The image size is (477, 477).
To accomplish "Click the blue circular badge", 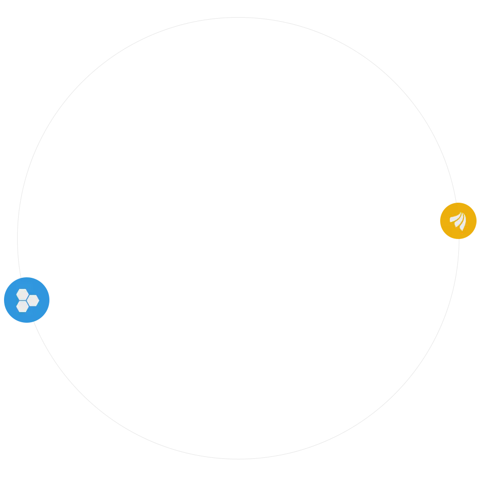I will point(27,300).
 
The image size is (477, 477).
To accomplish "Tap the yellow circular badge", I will point(458,221).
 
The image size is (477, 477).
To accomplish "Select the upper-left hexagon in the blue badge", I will point(22,294).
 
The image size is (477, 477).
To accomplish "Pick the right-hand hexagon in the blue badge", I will point(33,301).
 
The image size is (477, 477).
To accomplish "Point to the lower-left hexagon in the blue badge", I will point(22,306).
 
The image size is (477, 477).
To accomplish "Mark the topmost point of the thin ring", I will point(239,18).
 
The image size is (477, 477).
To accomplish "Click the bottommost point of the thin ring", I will point(239,459).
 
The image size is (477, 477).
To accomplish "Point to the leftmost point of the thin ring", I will point(18,239).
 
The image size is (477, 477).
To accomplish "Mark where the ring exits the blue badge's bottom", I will point(33,322).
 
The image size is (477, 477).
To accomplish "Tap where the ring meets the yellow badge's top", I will point(456,203).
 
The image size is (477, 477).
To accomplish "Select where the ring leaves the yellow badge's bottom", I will point(459,239).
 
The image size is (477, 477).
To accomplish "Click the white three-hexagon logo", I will point(27,301).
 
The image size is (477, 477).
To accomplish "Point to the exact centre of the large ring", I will point(239,239).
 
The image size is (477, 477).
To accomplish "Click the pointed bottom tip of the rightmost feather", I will point(462,230).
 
